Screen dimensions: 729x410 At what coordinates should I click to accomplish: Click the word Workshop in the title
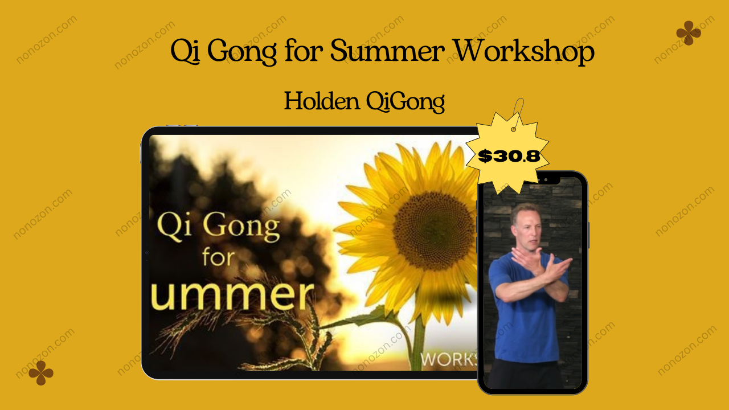(x=524, y=51)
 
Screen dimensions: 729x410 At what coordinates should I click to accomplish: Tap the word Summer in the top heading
(x=387, y=51)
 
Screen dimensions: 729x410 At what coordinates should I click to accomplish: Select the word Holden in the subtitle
(x=322, y=101)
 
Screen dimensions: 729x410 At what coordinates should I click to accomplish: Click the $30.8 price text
(x=509, y=156)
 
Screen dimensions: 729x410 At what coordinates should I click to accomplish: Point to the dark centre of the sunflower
(x=433, y=231)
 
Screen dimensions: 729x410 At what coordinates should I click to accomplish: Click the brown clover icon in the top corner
(x=689, y=33)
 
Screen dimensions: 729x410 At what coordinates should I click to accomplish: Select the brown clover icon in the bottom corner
(x=40, y=373)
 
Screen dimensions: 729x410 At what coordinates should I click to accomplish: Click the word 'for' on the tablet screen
(x=218, y=257)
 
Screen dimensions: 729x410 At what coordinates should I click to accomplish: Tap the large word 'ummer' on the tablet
(x=232, y=296)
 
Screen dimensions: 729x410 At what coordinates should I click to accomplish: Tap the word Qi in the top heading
(x=185, y=51)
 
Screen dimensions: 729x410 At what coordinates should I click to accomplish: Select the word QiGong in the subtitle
(x=406, y=102)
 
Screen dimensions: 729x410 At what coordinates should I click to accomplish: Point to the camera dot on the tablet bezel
(x=146, y=252)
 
